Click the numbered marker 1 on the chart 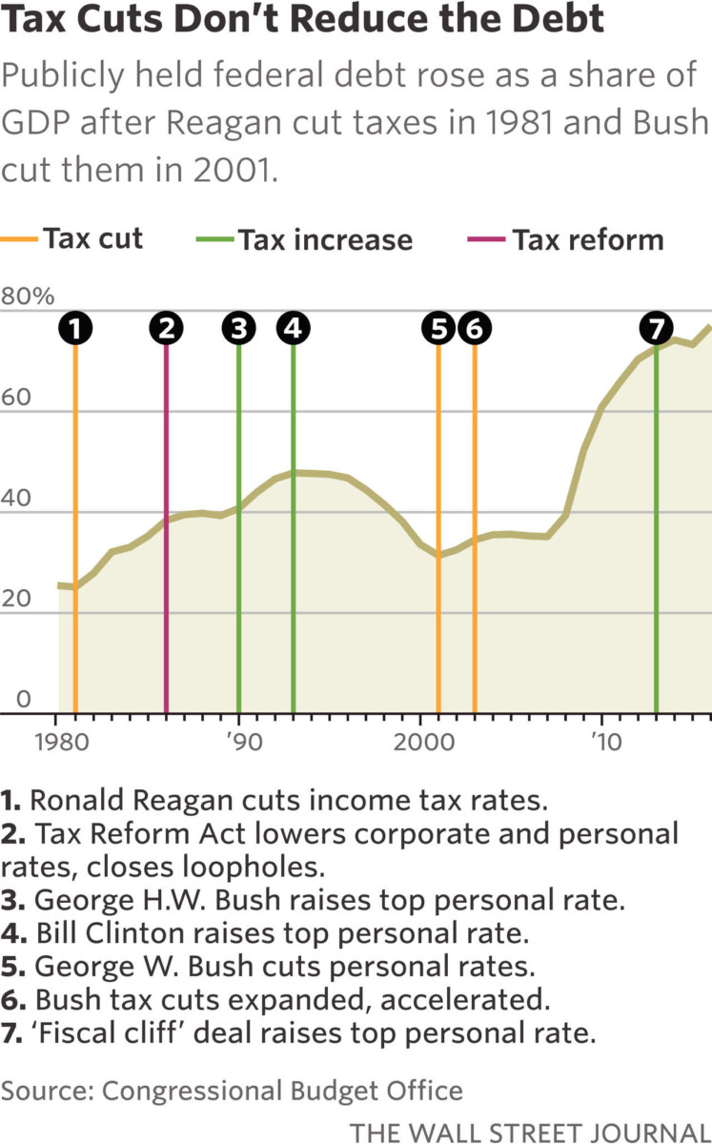coord(75,328)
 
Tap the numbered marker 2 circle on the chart coord(167,328)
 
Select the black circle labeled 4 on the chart coord(293,328)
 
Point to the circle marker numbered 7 coord(656,328)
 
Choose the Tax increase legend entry coord(305,239)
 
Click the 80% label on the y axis coord(28,296)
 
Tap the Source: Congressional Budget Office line coord(232,1091)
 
